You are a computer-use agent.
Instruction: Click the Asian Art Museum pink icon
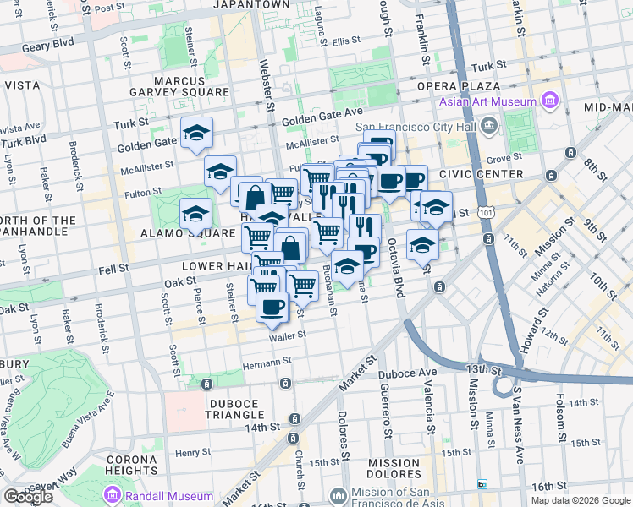[x=549, y=102]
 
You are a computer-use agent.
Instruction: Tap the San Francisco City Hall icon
[x=488, y=127]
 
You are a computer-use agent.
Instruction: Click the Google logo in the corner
[x=28, y=497]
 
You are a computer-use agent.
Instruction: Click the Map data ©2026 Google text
[x=581, y=500]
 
